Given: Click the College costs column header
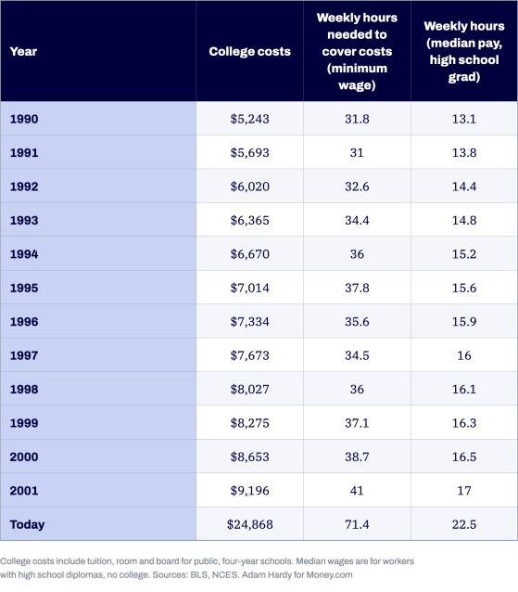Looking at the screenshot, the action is (249, 51).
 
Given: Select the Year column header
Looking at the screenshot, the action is (23, 51).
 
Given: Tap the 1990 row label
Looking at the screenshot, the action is (24, 119).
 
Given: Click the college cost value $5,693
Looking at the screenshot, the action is (249, 152).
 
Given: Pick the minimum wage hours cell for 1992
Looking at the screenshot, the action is (357, 187).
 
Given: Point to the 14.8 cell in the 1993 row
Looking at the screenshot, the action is (464, 220).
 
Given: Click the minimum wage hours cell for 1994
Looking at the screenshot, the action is (357, 254).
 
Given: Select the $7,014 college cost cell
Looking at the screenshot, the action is (249, 288).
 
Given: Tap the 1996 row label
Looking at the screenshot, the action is (24, 322).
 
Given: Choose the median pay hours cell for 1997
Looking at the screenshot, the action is (464, 355).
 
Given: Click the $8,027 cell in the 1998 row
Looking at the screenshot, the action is (249, 390).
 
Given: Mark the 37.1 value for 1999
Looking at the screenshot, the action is (357, 423).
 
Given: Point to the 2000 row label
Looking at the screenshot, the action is (24, 457).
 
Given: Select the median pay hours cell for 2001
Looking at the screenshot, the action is (464, 491).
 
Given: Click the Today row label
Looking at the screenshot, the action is (27, 524).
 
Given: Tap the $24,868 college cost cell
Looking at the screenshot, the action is (249, 524).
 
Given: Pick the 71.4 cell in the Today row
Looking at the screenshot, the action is (357, 524).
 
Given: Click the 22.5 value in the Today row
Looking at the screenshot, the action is (464, 524).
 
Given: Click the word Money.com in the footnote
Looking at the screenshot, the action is (329, 575).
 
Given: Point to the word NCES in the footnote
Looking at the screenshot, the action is (225, 575).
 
